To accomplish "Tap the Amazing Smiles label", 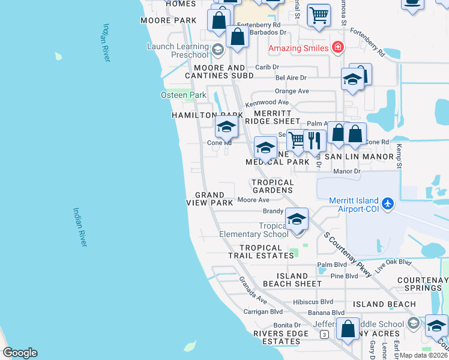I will point(298,48).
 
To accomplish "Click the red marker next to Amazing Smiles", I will point(338,47).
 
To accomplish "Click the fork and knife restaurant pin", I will point(315,141).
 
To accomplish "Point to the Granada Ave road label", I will point(252,289).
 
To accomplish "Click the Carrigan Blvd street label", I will point(263,312).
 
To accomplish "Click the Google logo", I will point(20,353).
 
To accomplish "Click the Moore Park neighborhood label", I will point(169,20).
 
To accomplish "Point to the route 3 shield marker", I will point(324,334).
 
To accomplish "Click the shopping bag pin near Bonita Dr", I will point(348,329).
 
